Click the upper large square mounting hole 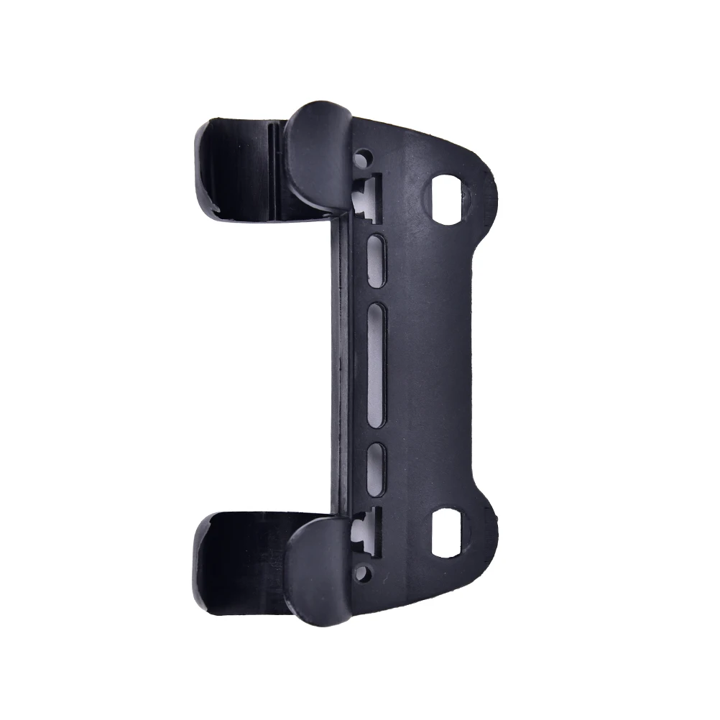pos(449,197)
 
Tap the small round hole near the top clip pos(364,156)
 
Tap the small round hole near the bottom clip pos(364,573)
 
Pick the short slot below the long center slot pos(377,468)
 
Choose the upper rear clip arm pos(230,169)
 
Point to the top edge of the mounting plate pos(417,129)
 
